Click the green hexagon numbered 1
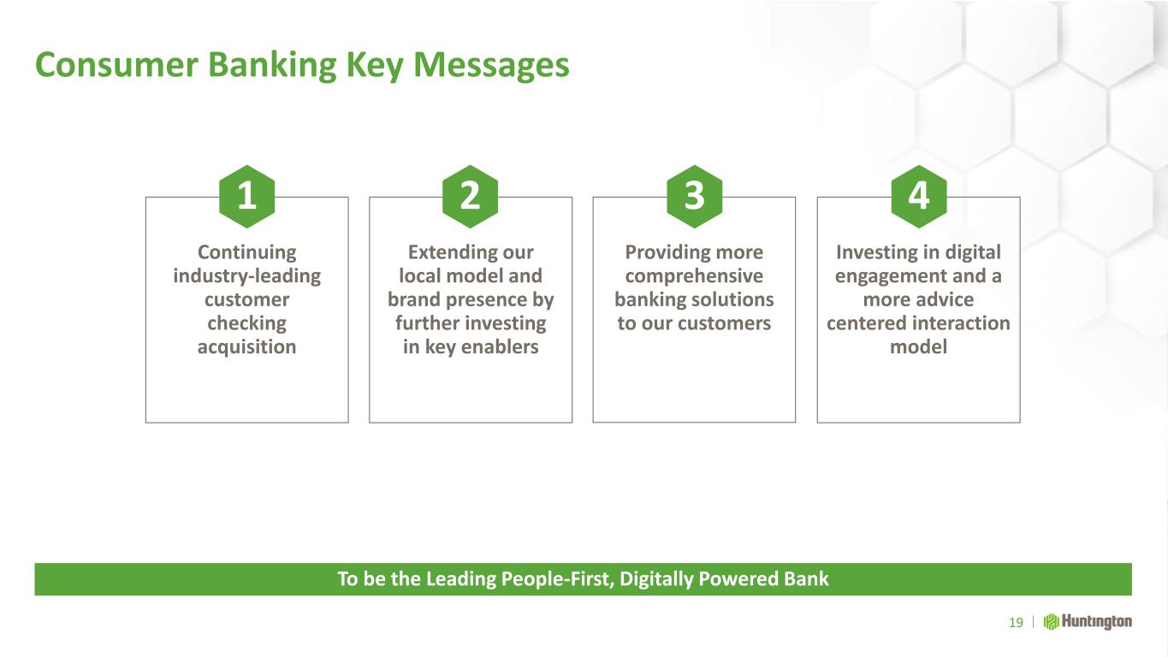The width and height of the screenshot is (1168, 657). pos(246,197)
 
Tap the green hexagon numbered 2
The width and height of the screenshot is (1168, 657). pos(471,197)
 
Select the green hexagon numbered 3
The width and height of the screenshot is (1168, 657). pos(695,197)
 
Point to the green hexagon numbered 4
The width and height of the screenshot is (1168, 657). pos(919,197)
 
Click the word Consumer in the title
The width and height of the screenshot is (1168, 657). pos(116,65)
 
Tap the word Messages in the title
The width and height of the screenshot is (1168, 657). pos(491,67)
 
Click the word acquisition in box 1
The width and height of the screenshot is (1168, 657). pos(246,347)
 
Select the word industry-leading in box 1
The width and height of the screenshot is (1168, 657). pos(246,276)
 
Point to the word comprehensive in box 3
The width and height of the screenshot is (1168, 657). pos(694,276)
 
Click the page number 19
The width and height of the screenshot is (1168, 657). pos(1016,623)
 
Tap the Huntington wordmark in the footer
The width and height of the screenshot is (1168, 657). pos(1097,622)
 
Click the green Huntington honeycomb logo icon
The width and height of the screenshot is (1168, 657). pos(1051,622)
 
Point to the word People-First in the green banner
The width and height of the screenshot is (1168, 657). pos(557,579)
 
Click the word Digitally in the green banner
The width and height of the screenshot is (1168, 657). pos(656,580)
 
